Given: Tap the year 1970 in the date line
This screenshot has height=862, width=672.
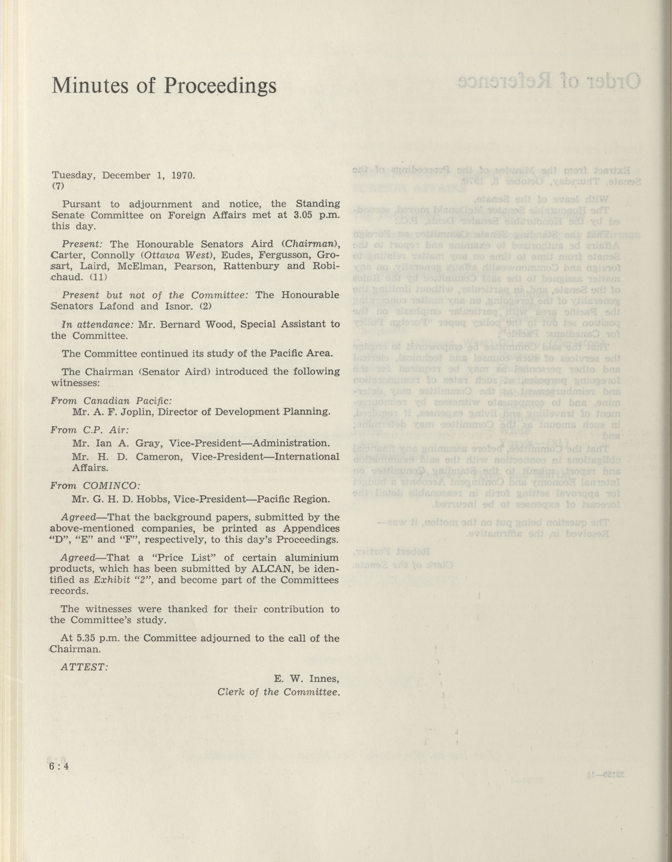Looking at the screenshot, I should pyautogui.click(x=183, y=175).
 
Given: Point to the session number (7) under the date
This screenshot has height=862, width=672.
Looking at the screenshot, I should pyautogui.click(x=58, y=187).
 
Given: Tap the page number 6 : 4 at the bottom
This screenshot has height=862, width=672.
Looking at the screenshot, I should pyautogui.click(x=59, y=766).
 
